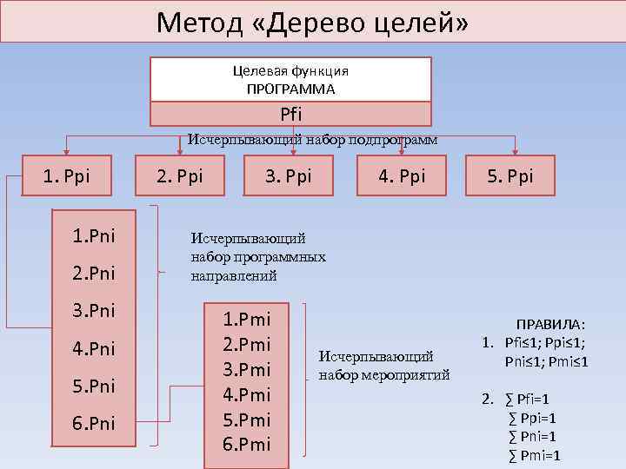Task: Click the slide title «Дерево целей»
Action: pyautogui.click(x=312, y=21)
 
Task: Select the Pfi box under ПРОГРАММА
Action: pyautogui.click(x=291, y=114)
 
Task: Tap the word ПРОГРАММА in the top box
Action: pyautogui.click(x=290, y=89)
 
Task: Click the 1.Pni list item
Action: pyautogui.click(x=94, y=235)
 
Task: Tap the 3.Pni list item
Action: pyautogui.click(x=94, y=310)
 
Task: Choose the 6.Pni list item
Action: pyautogui.click(x=94, y=423)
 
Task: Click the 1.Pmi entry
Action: pyautogui.click(x=247, y=319)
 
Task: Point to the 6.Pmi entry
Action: pyautogui.click(x=247, y=445)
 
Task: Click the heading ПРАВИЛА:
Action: pyautogui.click(x=551, y=322)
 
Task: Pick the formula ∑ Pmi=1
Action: pyautogui.click(x=534, y=455)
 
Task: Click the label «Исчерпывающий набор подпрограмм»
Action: pyautogui.click(x=313, y=138)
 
